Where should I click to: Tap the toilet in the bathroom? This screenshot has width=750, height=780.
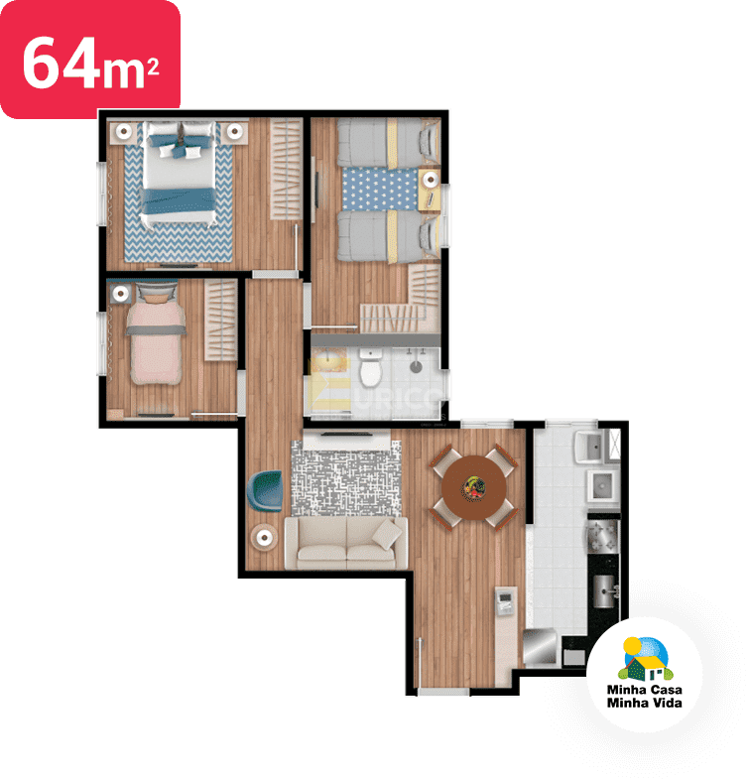pos(371,370)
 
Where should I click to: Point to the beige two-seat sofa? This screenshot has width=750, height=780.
pos(345,543)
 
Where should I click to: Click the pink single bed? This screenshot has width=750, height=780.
pos(157,341)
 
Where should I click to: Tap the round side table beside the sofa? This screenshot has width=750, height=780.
pos(266,537)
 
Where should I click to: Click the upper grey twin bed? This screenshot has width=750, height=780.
pos(387,142)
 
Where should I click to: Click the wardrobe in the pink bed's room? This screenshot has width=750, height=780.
pos(222,321)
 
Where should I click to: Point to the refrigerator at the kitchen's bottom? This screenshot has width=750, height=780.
pos(540,647)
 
